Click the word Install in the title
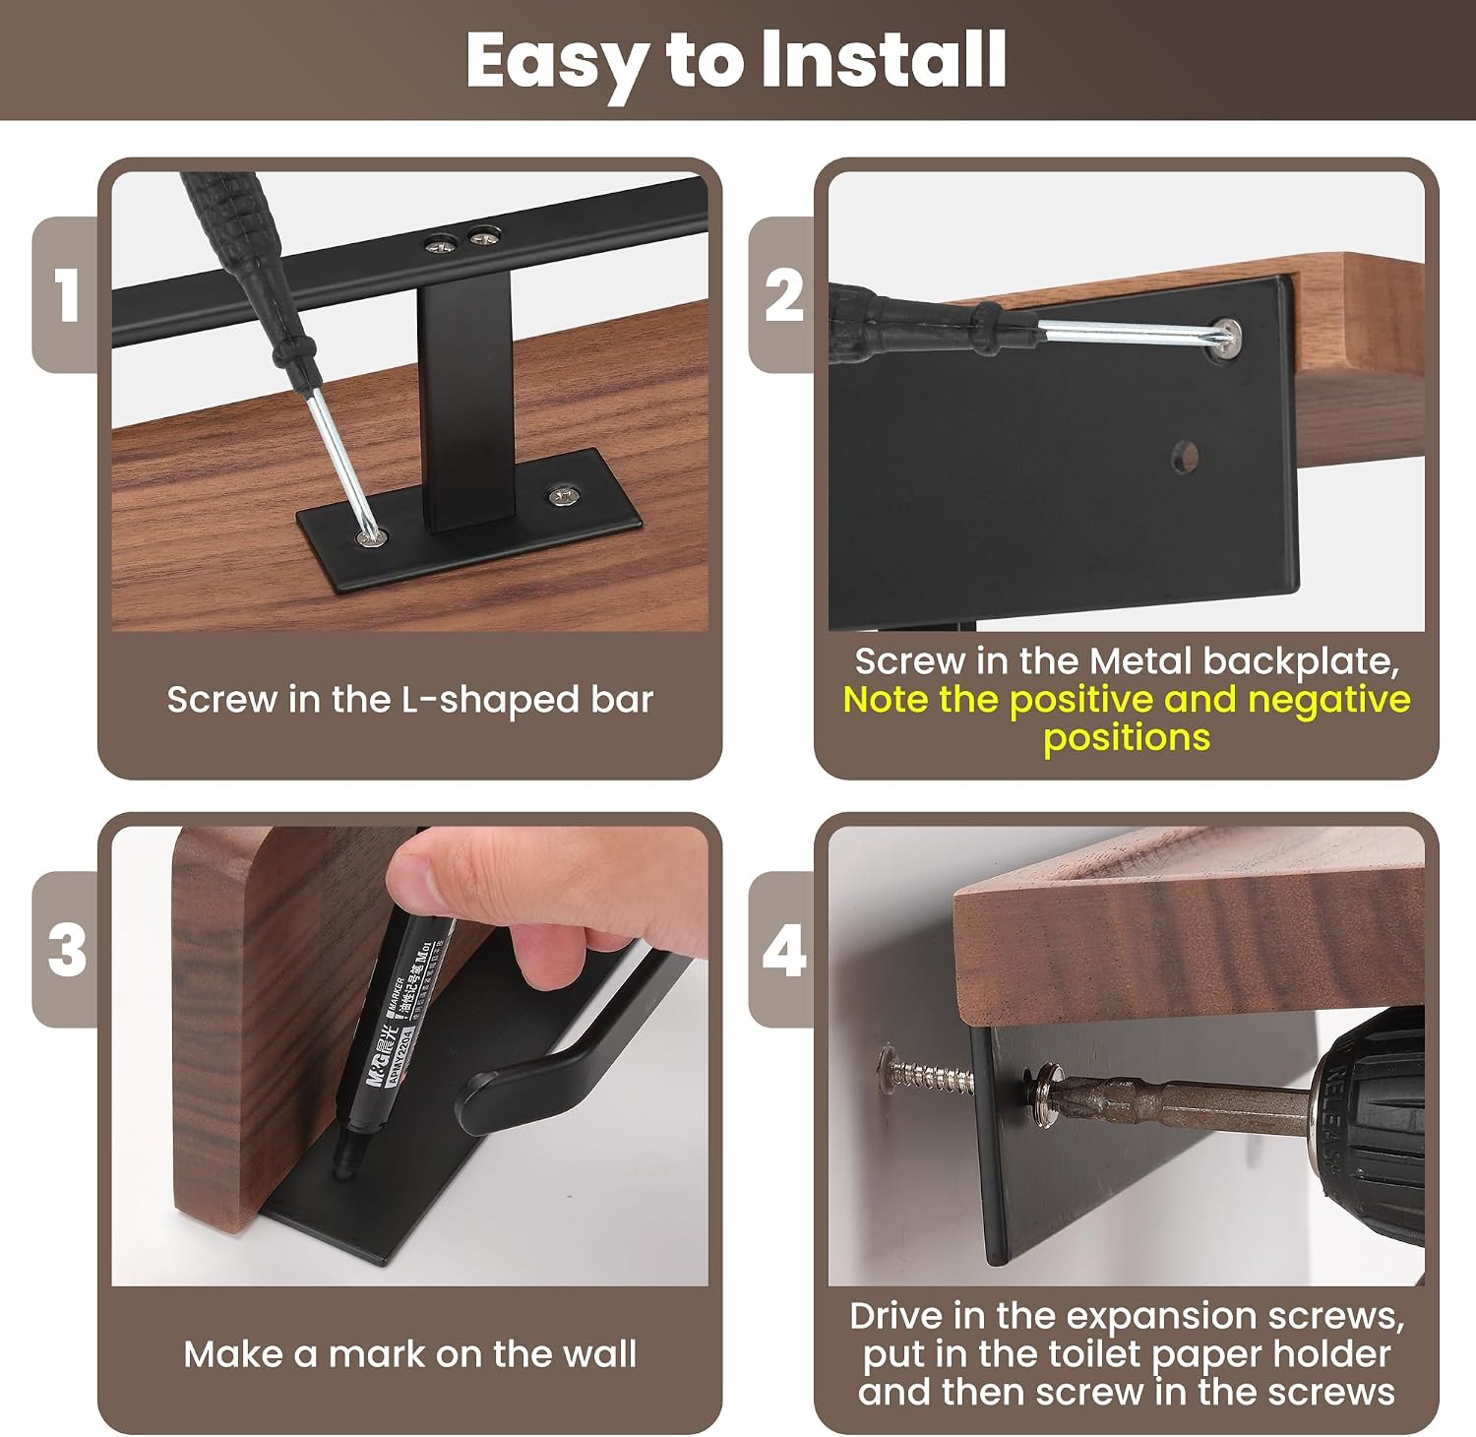pyautogui.click(x=884, y=60)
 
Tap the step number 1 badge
pyautogui.click(x=66, y=294)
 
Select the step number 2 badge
pyautogui.click(x=782, y=294)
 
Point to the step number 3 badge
pyautogui.click(x=66, y=950)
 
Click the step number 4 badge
pyautogui.click(x=782, y=950)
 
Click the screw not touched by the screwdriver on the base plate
pyautogui.click(x=562, y=496)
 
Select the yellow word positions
pyautogui.click(x=1127, y=738)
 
